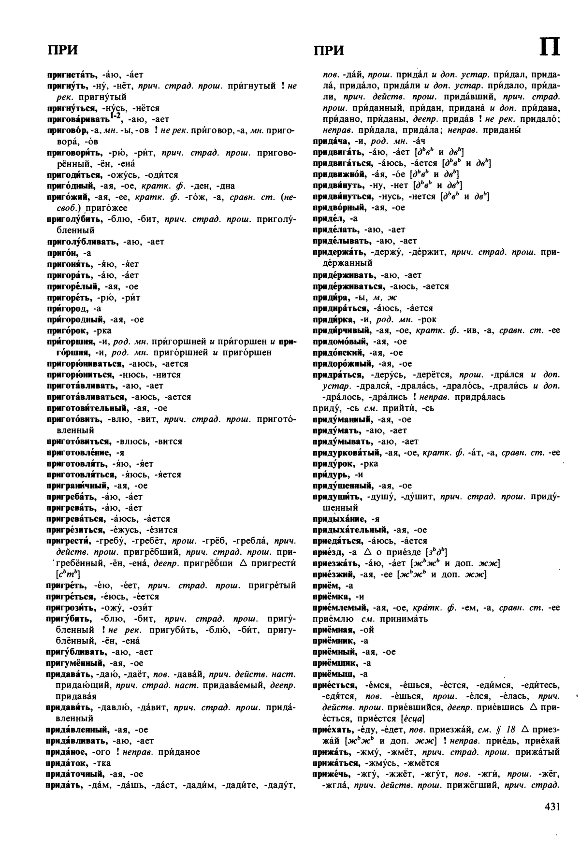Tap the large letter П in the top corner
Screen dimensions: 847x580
tap(550, 48)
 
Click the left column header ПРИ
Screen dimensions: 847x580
tap(62, 50)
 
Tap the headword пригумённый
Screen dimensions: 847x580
tap(76, 663)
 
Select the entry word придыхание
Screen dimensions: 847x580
tap(340, 519)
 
